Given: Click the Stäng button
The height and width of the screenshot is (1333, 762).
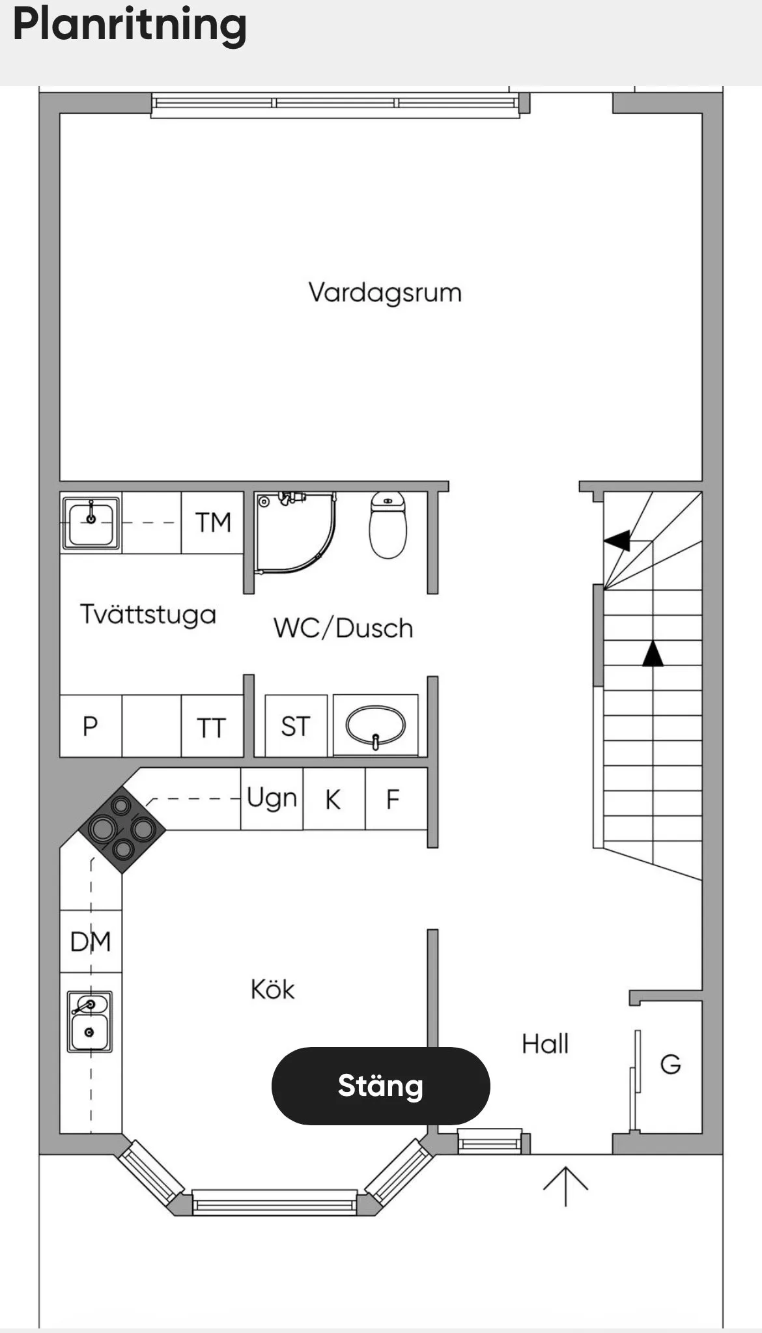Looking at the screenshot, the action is [380, 1086].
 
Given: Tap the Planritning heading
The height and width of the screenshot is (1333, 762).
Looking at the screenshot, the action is [130, 25].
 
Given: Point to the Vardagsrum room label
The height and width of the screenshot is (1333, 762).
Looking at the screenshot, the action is [385, 293].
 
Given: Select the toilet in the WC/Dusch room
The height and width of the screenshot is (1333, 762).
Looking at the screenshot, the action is [388, 525].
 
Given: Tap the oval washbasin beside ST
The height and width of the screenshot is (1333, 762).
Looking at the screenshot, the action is [376, 725].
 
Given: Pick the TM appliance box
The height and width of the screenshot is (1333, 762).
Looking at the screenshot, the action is [212, 522].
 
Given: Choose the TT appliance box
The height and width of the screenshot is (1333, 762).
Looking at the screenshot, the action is [212, 726].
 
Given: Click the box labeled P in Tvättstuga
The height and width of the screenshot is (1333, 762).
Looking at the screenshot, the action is [91, 726].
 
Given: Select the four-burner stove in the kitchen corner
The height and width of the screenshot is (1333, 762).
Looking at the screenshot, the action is [122, 829].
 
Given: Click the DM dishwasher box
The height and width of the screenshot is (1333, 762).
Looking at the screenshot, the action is [91, 942].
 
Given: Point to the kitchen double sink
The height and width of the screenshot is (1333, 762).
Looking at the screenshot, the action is [90, 1022].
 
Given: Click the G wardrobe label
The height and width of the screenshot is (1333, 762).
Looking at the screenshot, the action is [670, 1064].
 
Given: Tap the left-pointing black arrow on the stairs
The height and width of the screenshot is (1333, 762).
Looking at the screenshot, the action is [617, 540].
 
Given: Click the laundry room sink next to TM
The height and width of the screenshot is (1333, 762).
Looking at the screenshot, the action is [91, 522].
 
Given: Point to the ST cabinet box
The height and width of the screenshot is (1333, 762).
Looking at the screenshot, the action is [296, 726].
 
